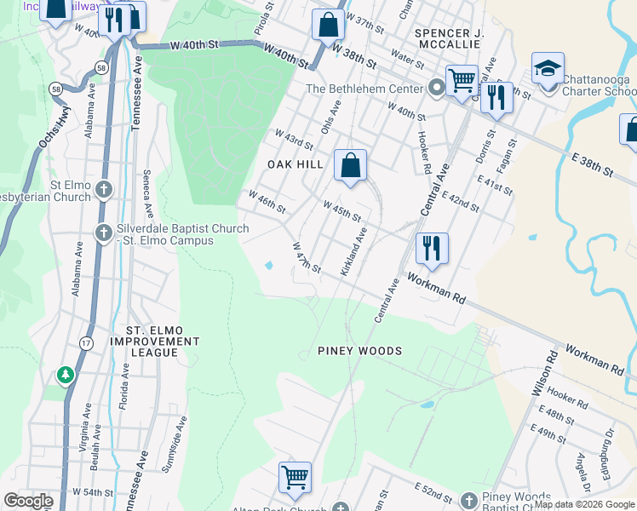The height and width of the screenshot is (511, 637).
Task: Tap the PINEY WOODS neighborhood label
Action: (x=359, y=351)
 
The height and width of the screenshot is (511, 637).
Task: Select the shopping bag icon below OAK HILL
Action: (x=350, y=165)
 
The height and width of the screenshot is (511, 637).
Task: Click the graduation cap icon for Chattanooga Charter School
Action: (x=548, y=68)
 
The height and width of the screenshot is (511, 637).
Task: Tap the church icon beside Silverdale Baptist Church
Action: (x=103, y=232)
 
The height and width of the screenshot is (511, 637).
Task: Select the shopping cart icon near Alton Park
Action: (x=295, y=477)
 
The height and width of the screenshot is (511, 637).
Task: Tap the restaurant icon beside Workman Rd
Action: (x=432, y=248)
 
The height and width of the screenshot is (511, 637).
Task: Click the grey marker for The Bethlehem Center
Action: (x=436, y=88)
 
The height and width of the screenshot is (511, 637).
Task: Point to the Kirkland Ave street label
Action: (x=354, y=251)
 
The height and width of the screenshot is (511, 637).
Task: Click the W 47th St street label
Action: (x=306, y=258)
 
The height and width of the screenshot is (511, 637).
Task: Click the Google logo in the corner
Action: (x=28, y=501)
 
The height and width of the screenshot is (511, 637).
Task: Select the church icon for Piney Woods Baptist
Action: (x=468, y=499)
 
